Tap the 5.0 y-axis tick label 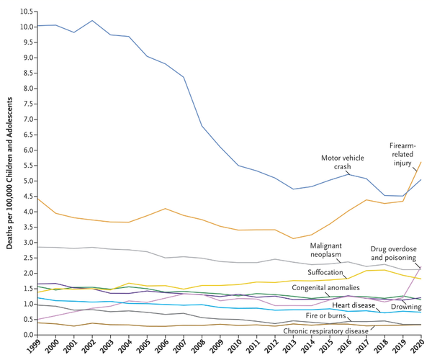pos(27,181)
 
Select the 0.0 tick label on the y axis pos(27,335)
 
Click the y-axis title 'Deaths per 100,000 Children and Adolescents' pos(9,173)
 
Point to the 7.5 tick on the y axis pos(27,104)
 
